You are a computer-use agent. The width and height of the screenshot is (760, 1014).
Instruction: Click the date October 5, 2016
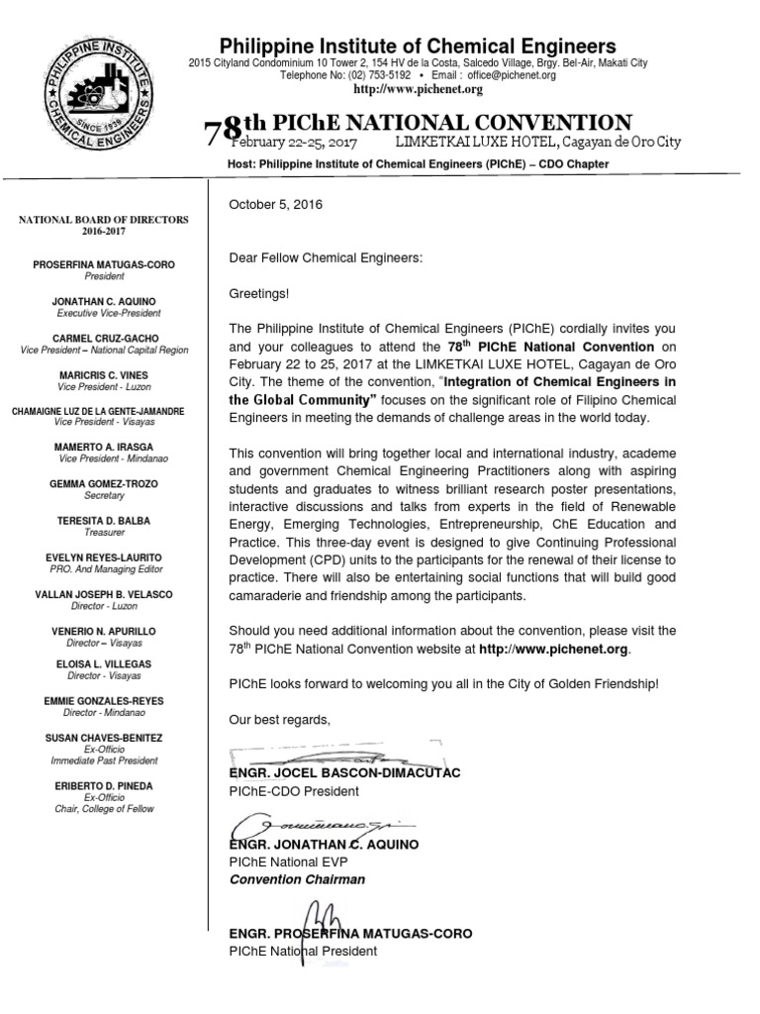coord(276,204)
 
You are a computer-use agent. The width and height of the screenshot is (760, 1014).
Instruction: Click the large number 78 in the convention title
coord(223,132)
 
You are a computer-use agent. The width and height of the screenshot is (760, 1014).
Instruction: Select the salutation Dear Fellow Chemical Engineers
coord(326,257)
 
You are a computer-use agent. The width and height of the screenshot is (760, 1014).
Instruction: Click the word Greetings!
coord(260,294)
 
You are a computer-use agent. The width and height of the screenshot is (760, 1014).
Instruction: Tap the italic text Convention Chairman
coord(296,879)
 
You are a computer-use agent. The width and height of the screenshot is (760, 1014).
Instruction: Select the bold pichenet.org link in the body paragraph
coord(553,650)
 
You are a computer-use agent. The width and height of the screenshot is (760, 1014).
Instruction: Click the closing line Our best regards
coord(277,719)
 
